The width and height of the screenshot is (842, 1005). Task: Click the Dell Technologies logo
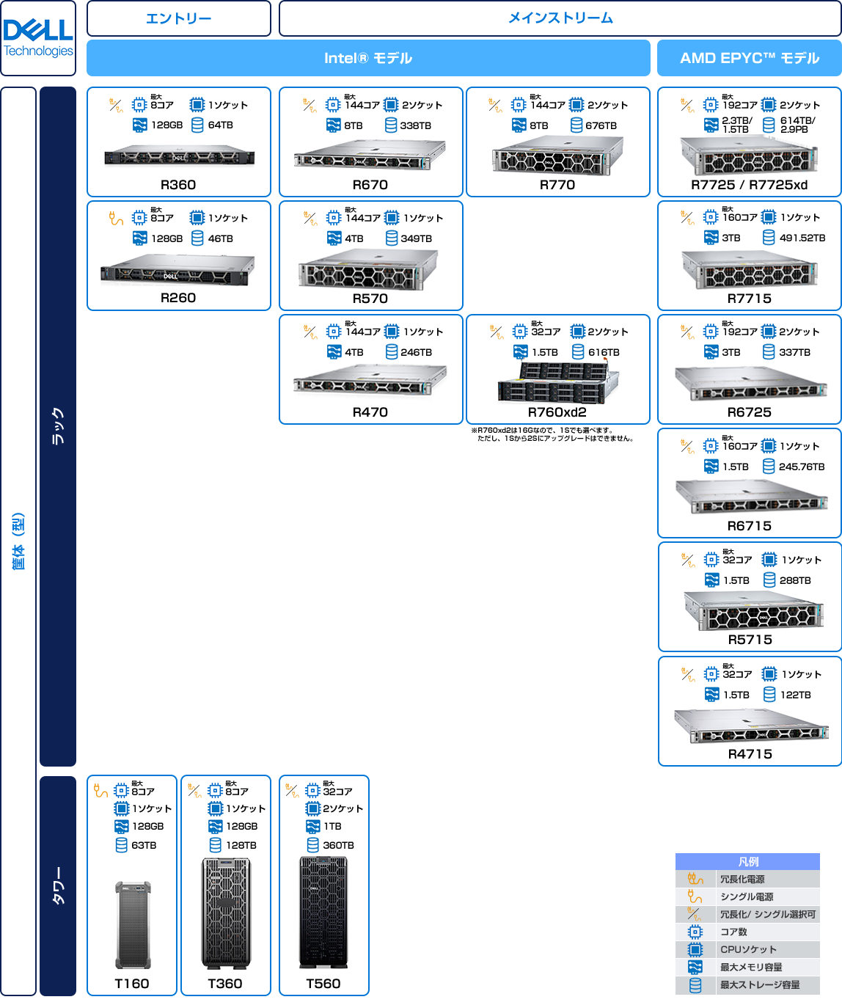point(38,38)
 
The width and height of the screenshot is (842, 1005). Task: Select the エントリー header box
point(178,18)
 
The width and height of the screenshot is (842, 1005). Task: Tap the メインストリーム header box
point(560,18)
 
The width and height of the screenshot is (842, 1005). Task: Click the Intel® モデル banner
point(368,58)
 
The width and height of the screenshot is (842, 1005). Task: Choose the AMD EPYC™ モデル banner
point(749,58)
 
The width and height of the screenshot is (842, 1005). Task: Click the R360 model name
point(178,185)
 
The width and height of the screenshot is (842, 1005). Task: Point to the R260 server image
point(177,271)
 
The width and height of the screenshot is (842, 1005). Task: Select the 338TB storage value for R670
point(416,125)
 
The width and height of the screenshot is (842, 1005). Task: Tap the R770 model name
point(557,185)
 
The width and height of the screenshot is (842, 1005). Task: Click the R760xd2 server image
point(557,383)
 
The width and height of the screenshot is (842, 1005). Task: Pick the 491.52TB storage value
point(802,238)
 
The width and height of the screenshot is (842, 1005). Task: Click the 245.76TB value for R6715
point(802,467)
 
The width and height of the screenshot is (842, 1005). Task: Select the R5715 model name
point(750,640)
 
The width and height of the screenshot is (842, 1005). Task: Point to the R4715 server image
point(750,726)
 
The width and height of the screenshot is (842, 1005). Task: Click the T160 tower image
point(133,924)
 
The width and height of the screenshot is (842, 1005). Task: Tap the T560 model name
point(323,984)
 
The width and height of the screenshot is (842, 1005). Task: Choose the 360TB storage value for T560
point(338,845)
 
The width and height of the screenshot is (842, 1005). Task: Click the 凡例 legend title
point(748,862)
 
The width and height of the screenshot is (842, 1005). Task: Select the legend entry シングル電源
point(747,896)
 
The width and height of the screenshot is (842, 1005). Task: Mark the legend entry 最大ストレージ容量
point(760,984)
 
